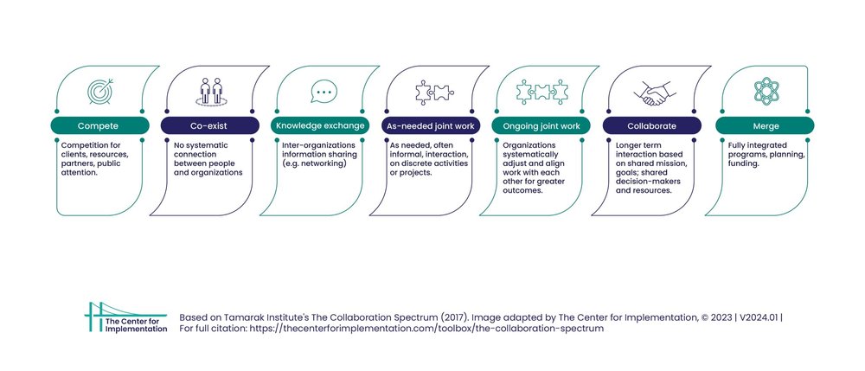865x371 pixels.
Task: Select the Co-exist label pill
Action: point(210,126)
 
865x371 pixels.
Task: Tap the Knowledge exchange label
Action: point(320,126)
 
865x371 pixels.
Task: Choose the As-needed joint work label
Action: point(431,126)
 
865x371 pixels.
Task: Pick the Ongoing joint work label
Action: point(541,126)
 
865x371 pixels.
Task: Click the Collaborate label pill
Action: point(651,126)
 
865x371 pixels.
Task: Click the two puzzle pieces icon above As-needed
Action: point(432,91)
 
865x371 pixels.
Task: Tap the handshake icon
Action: point(653,91)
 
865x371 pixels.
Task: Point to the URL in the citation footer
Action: point(430,329)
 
